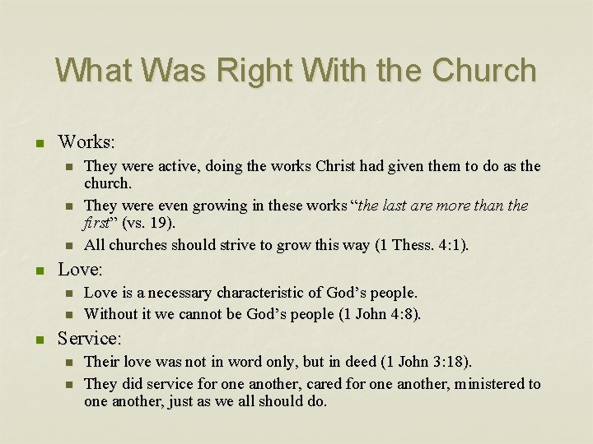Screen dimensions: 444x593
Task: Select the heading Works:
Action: point(86,141)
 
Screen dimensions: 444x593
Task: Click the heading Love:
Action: point(81,270)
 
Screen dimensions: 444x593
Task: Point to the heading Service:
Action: point(90,338)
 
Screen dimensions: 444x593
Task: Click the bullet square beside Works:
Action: point(38,142)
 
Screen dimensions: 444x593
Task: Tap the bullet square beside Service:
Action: point(38,339)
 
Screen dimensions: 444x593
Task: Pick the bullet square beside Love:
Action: point(38,271)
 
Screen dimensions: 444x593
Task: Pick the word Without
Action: point(111,313)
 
